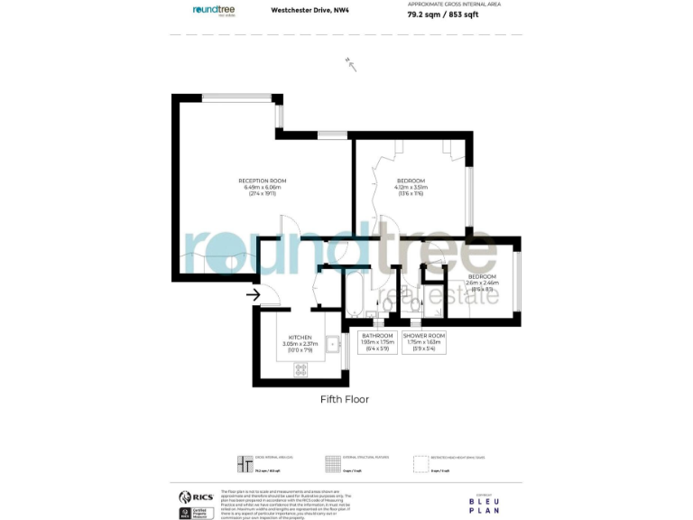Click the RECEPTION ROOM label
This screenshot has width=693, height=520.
point(262,181)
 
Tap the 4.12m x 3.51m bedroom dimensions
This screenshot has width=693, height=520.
point(411,187)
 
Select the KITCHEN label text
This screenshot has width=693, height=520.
point(299,336)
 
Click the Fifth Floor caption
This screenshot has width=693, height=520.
point(345,399)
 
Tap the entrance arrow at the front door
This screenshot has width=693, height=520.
point(254,293)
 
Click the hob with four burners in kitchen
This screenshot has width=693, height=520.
point(300,369)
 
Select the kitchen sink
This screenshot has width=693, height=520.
point(333,343)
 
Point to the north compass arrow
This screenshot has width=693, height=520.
point(351,63)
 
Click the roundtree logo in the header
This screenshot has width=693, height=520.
point(216,11)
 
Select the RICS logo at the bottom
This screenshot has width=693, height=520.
point(196,497)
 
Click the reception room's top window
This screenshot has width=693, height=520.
point(236,97)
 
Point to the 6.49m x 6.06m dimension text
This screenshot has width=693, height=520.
point(262,187)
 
